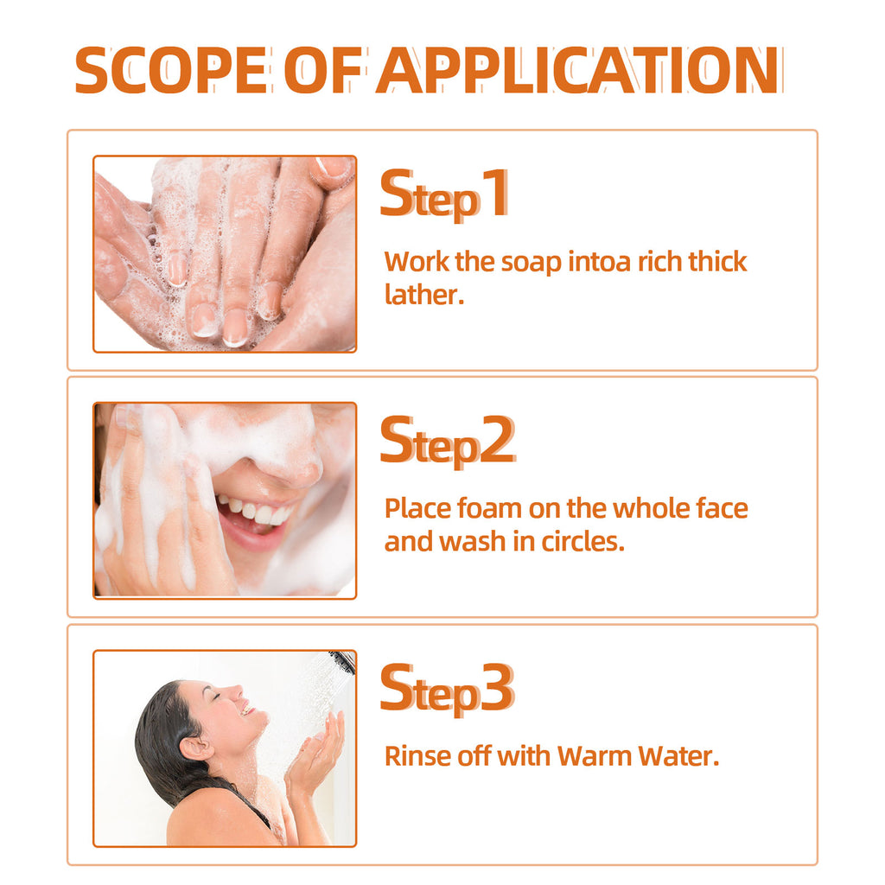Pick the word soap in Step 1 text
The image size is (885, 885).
pyautogui.click(x=532, y=262)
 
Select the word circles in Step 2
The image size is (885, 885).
pyautogui.click(x=581, y=543)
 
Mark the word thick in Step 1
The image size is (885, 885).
pyautogui.click(x=717, y=262)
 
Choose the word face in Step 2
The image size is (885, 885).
pyautogui.click(x=721, y=508)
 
